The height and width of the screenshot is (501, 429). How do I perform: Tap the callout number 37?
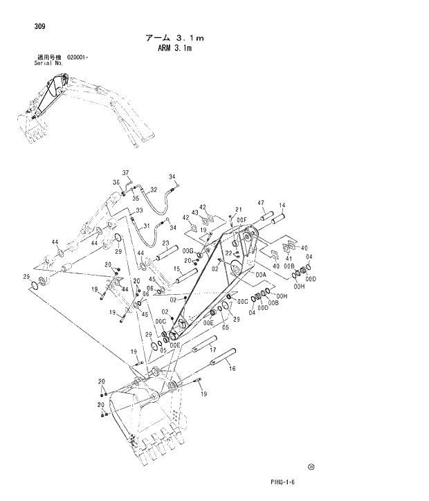(x=126, y=172)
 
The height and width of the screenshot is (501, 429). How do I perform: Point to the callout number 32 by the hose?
(x=153, y=190)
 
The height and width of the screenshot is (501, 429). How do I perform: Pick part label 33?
(x=139, y=210)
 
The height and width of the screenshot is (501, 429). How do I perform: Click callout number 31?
(x=146, y=226)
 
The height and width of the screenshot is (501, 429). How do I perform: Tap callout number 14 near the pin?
(x=282, y=206)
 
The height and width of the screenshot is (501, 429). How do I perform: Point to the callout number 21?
(x=237, y=210)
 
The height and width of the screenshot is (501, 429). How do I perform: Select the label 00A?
(x=260, y=275)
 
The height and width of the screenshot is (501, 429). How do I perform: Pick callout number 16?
(x=232, y=369)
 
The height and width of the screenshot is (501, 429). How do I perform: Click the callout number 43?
(x=194, y=213)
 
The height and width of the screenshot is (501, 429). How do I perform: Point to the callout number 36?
(x=116, y=183)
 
